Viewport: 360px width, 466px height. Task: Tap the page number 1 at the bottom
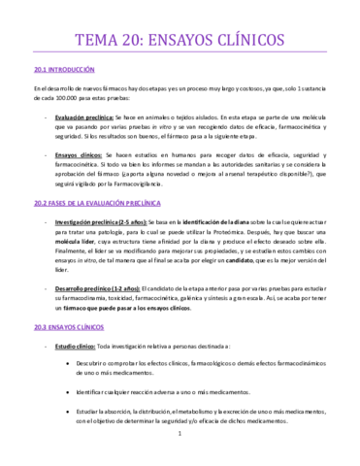(180, 448)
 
